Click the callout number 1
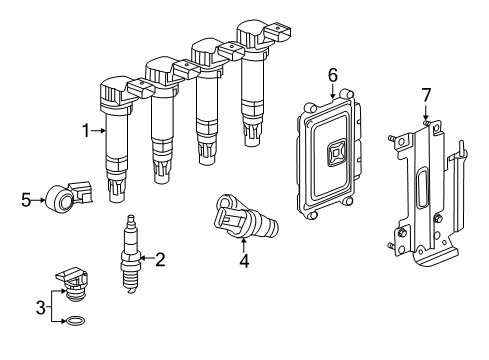point(87,128)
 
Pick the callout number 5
point(27,198)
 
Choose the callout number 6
point(332,74)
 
